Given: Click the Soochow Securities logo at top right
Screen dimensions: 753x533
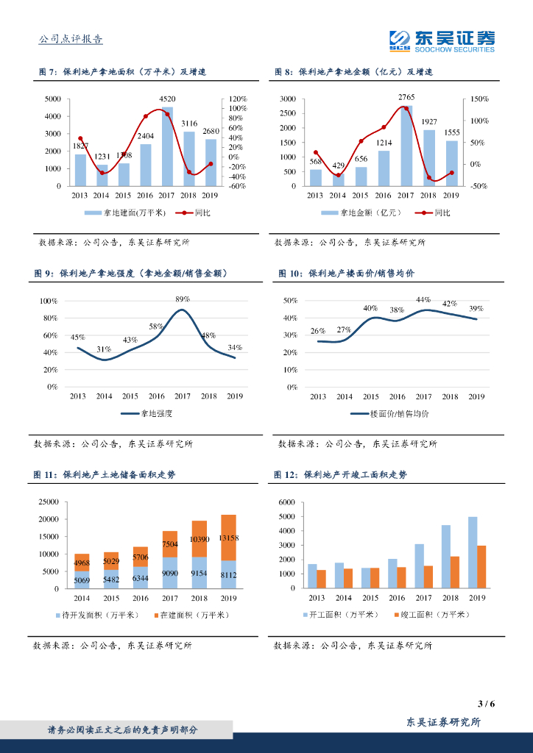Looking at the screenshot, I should click(442, 40).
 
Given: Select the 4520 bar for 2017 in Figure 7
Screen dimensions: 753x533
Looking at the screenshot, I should click(167, 147).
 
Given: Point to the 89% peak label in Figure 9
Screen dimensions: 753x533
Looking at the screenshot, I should click(183, 299).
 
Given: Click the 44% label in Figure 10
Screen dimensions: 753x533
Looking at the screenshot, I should click(423, 300).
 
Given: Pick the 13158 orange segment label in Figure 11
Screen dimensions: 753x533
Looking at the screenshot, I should click(229, 538).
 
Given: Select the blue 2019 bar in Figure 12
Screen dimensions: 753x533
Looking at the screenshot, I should click(472, 552).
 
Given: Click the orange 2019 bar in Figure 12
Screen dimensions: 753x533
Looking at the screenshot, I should click(481, 567).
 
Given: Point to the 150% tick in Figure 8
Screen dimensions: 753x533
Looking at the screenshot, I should click(479, 99).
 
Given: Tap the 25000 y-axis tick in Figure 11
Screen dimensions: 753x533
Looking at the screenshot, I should click(48, 502).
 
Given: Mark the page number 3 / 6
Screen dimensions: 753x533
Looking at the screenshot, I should click(486, 704).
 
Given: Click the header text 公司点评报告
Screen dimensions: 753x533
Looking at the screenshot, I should click(70, 40).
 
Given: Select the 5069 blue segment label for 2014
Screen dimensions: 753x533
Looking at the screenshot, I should click(82, 582).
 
